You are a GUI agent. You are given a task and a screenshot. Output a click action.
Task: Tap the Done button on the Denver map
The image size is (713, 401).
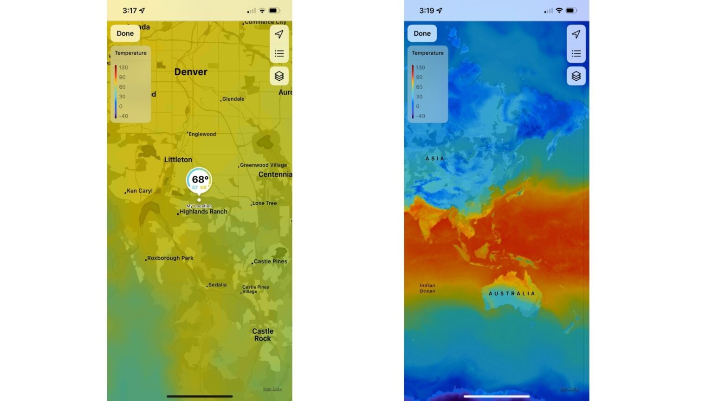point(125,33)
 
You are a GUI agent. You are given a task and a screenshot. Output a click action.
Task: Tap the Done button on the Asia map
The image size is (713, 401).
point(422,33)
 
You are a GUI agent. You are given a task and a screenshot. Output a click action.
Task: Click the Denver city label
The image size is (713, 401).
point(191,72)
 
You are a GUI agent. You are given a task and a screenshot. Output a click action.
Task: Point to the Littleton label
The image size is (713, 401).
point(178,160)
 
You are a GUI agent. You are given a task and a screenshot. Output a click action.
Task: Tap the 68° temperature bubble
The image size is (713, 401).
point(200,180)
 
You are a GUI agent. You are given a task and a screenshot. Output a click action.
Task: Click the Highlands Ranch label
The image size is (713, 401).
point(203,212)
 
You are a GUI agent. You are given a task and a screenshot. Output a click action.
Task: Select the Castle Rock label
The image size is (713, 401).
point(263,335)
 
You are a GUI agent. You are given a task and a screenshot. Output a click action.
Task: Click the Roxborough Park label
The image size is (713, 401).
point(170,258)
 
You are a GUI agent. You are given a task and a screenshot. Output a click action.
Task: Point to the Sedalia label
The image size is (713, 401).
point(217,285)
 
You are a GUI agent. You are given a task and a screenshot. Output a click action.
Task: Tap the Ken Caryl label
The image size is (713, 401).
point(139,191)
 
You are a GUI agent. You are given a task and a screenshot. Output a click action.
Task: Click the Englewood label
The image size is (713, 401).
point(202,134)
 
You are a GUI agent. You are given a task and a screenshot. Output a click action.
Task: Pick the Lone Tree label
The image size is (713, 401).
point(264,203)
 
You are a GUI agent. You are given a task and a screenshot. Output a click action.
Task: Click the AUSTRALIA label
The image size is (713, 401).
point(512,293)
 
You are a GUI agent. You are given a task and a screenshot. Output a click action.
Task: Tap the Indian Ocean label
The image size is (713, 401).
point(427,288)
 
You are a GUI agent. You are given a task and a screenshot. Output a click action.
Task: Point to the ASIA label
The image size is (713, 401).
point(435,159)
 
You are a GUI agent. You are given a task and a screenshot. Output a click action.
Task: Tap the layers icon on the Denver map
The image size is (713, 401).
point(279,76)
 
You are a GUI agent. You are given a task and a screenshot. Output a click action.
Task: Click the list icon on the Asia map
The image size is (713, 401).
point(576,54)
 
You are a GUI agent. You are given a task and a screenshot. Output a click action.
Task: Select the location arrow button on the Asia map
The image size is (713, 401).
point(576,34)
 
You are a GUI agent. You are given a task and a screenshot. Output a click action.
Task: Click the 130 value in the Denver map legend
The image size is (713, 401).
point(123,67)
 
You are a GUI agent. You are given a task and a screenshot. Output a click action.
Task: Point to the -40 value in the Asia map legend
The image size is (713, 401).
point(421,116)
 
